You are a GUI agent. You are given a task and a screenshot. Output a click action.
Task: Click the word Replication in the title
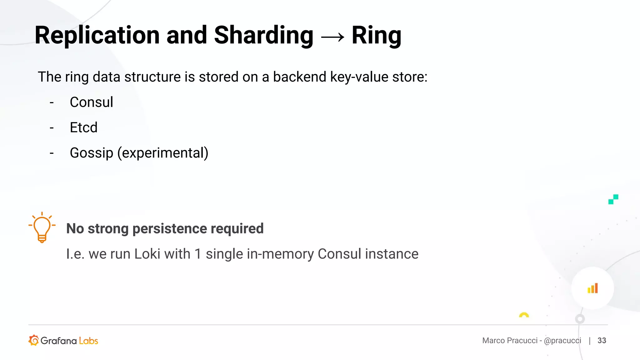pyautogui.click(x=97, y=35)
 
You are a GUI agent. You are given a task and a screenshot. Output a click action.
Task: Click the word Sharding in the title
pyautogui.click(x=263, y=35)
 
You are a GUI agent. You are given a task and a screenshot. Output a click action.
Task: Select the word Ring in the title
pyautogui.click(x=376, y=35)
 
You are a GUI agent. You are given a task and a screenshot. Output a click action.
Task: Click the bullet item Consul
pyautogui.click(x=91, y=102)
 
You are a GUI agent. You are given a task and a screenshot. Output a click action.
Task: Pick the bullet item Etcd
pyautogui.click(x=83, y=127)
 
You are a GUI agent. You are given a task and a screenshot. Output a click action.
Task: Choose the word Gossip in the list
pyautogui.click(x=91, y=153)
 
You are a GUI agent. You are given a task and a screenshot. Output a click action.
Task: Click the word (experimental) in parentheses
pyautogui.click(x=162, y=153)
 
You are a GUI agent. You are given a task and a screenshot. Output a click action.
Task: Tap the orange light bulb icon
pyautogui.click(x=42, y=228)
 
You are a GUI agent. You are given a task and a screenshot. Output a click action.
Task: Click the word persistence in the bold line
pyautogui.click(x=169, y=228)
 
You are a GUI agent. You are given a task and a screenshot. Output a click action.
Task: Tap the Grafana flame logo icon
pyautogui.click(x=34, y=340)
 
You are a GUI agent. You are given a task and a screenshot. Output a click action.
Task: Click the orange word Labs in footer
pyautogui.click(x=88, y=341)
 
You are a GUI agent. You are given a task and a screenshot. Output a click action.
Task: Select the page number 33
pyautogui.click(x=602, y=340)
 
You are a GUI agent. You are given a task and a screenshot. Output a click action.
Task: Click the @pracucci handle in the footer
pyautogui.click(x=562, y=340)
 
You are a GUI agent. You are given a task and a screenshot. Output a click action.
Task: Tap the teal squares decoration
pyautogui.click(x=613, y=199)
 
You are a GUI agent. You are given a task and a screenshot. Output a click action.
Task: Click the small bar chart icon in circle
pyautogui.click(x=592, y=288)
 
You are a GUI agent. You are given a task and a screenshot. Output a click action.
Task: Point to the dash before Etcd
pyautogui.click(x=52, y=128)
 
